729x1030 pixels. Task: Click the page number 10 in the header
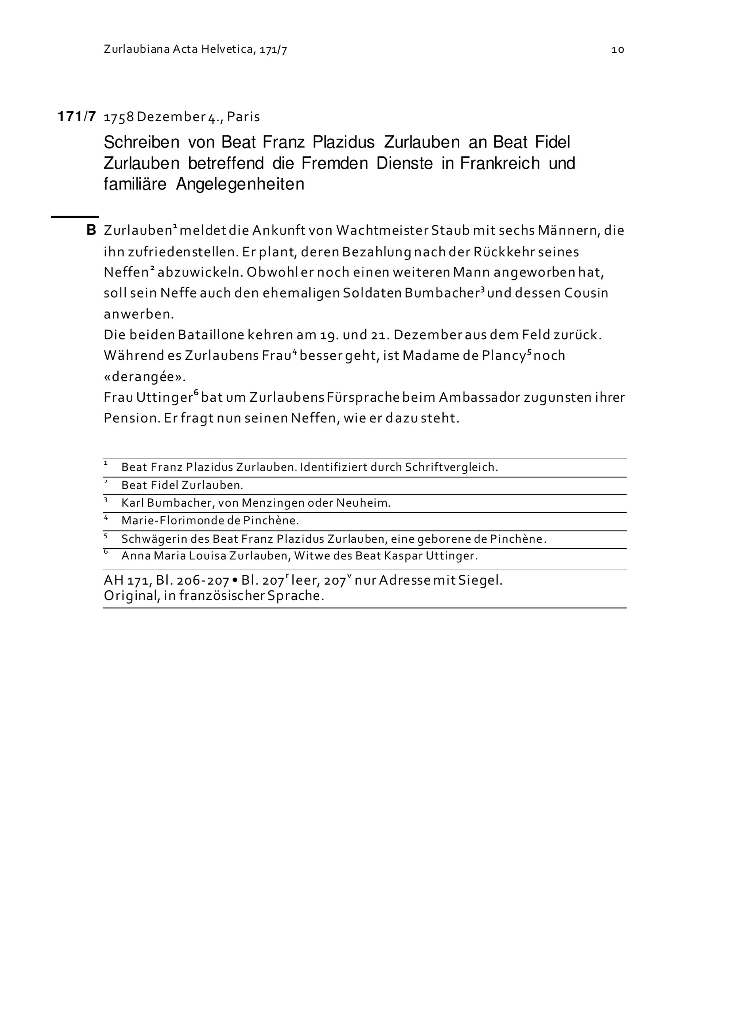pyautogui.click(x=618, y=50)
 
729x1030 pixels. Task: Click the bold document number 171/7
pyautogui.click(x=77, y=117)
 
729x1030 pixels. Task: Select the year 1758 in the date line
pyautogui.click(x=119, y=117)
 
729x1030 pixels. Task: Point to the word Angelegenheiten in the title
pyautogui.click(x=240, y=184)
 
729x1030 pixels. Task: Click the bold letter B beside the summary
pyautogui.click(x=91, y=231)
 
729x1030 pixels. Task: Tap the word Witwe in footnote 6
pyautogui.click(x=309, y=556)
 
